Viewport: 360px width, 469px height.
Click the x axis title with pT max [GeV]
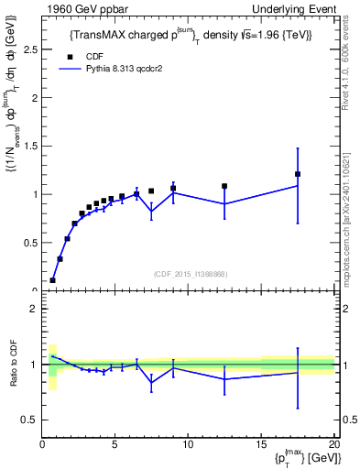tap(301, 459)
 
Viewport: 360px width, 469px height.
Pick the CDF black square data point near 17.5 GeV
tap(298, 174)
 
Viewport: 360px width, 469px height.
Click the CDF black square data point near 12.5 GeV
tap(224, 186)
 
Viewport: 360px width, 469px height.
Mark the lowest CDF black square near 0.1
tap(53, 280)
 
